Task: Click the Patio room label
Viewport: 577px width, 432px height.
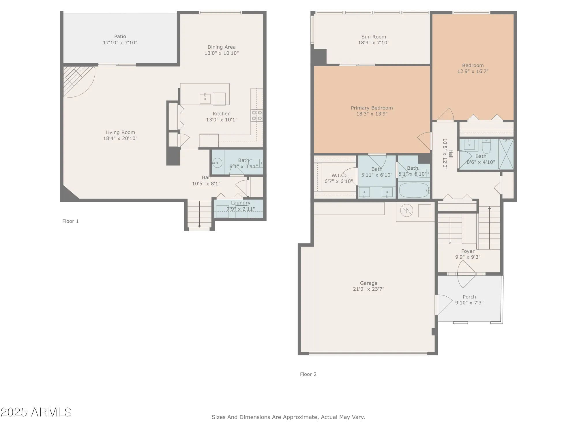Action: click(120, 37)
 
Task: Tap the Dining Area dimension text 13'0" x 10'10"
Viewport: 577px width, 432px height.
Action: click(222, 53)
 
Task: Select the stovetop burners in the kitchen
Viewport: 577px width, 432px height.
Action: click(257, 115)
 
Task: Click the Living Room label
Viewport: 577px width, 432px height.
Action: click(120, 132)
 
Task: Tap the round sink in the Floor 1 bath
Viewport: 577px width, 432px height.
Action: click(217, 163)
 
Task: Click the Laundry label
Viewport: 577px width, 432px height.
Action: click(241, 203)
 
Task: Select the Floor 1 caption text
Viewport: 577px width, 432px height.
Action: click(70, 221)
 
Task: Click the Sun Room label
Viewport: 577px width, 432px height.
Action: click(374, 37)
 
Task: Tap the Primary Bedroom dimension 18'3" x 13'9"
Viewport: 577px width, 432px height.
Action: click(372, 114)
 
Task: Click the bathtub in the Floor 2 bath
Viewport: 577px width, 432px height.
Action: click(414, 190)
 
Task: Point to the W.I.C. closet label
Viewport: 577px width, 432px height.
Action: click(338, 175)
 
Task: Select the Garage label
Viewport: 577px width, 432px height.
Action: click(368, 283)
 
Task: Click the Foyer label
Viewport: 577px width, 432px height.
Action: click(468, 251)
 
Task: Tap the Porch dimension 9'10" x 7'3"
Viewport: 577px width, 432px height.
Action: click(469, 303)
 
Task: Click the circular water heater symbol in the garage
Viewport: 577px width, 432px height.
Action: click(406, 211)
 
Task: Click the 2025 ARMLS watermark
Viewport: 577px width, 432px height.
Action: click(36, 412)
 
